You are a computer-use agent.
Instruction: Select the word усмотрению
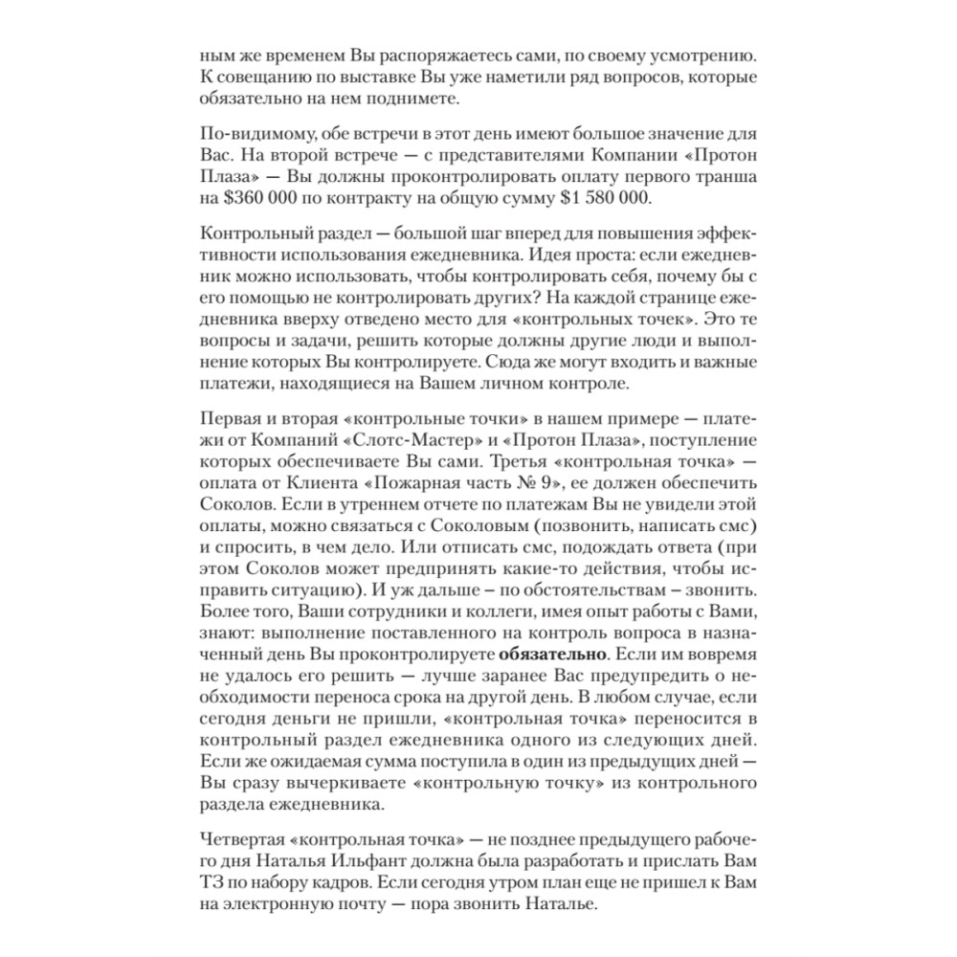tap(700, 53)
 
